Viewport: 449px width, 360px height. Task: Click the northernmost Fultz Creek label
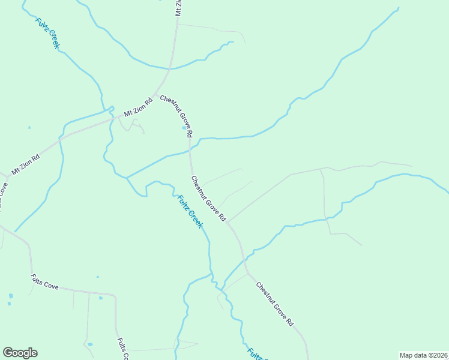point(47,34)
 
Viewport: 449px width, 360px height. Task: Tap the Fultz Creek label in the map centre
point(189,211)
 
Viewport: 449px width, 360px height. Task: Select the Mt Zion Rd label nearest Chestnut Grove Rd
point(139,106)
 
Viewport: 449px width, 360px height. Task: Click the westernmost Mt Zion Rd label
point(26,164)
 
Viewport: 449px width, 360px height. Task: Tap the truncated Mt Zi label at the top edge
point(178,7)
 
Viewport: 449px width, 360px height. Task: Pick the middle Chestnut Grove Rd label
point(208,197)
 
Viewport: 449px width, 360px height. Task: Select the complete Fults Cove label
point(44,283)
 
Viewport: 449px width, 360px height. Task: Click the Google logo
point(20,353)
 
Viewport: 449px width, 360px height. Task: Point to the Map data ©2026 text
point(423,355)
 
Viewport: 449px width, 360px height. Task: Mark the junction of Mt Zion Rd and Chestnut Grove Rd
point(155,95)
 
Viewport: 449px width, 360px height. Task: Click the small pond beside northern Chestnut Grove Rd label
point(184,127)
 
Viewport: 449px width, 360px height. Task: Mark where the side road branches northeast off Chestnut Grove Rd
point(228,222)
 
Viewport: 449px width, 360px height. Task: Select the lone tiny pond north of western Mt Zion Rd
point(29,127)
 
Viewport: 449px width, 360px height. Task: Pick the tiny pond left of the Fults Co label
point(89,344)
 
